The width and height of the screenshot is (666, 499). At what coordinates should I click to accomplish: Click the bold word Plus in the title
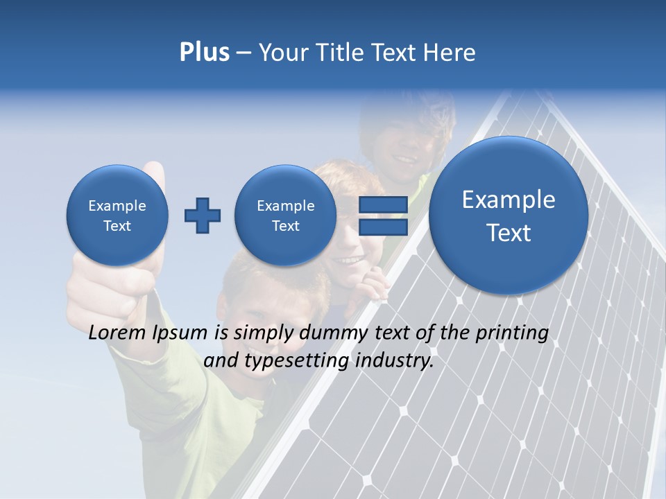pos(204,53)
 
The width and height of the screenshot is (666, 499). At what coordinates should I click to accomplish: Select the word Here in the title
pos(450,53)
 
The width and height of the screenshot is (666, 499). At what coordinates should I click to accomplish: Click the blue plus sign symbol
pos(203,216)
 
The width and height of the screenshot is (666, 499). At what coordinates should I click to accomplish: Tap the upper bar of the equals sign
pos(383,204)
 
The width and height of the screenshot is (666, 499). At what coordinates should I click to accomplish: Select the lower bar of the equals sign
pos(383,227)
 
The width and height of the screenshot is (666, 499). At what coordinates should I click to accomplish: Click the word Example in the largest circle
pos(509,200)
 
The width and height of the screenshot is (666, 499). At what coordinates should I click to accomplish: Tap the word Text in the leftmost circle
pos(117,226)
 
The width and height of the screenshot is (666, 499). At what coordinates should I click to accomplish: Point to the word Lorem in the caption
pos(117,333)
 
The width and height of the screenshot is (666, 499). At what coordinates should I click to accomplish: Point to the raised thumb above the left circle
pos(154,175)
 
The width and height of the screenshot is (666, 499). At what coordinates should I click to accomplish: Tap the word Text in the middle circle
pos(285,226)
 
